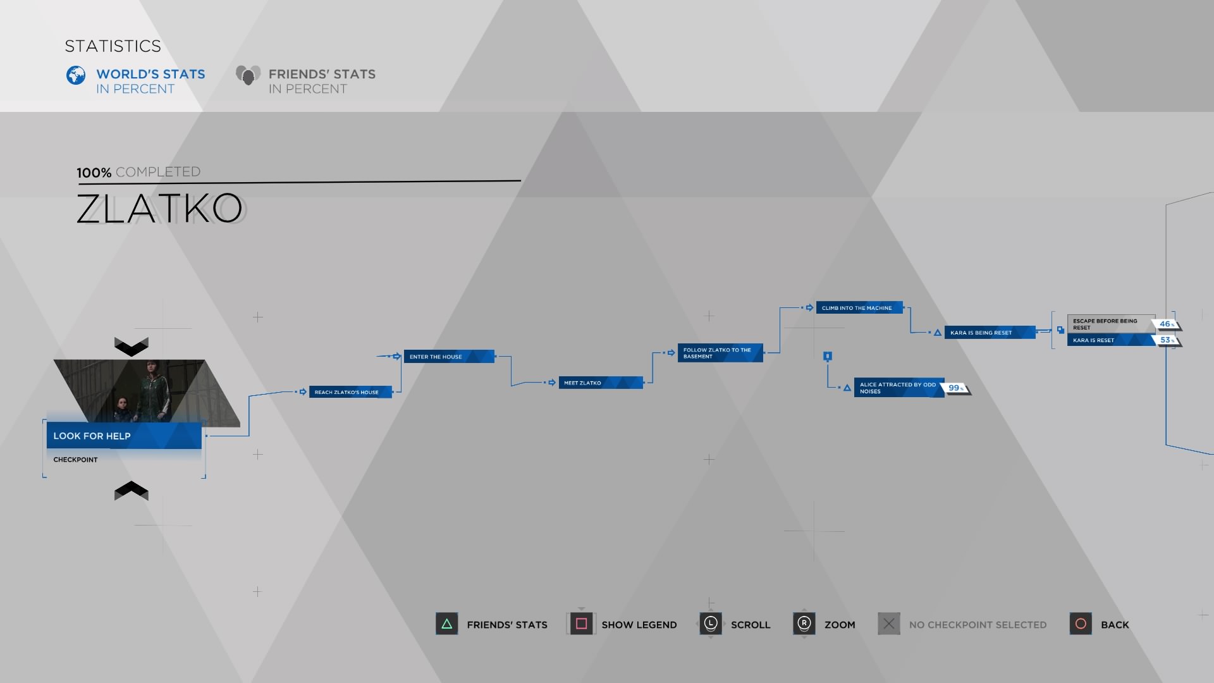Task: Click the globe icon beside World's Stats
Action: click(76, 75)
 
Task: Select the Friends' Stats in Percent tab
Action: click(306, 81)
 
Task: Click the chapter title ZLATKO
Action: click(159, 209)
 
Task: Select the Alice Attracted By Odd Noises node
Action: click(898, 388)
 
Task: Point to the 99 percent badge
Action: click(956, 388)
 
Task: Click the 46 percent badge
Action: click(1167, 324)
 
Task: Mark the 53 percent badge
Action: click(1167, 340)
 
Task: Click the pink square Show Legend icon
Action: click(582, 624)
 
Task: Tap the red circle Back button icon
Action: click(1081, 624)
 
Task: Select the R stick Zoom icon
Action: click(804, 624)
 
